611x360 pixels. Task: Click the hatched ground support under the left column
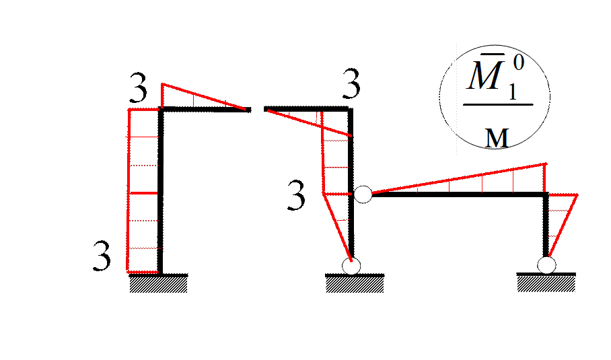coord(158,284)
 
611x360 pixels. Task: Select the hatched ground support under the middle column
coord(355,284)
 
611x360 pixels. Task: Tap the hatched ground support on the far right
coord(546,283)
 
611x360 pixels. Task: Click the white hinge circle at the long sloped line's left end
coord(363,194)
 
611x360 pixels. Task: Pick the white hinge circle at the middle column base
coord(351,266)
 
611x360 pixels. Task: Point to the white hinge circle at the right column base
coord(546,265)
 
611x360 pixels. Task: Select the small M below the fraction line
coord(497,138)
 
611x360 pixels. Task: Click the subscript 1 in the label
coord(513,91)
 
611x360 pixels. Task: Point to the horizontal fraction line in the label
coord(498,104)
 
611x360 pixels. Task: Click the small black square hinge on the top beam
coord(248,110)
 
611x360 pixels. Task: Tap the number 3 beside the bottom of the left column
coord(101,258)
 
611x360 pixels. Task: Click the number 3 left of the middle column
coord(294,198)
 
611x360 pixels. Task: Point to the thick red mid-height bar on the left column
coord(143,194)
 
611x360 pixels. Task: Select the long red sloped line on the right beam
coord(458,178)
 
